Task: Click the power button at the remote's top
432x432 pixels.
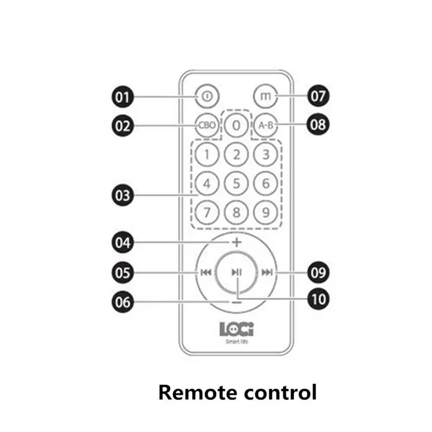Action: [x=206, y=97]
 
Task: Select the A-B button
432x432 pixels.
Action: [x=265, y=125]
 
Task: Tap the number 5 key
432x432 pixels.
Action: [x=236, y=184]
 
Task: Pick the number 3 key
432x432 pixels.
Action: [x=265, y=155]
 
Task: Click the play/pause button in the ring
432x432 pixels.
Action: [x=237, y=272]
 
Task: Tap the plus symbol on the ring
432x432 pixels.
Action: [x=237, y=242]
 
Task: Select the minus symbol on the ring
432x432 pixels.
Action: [x=237, y=302]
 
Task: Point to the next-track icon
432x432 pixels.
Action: [x=267, y=272]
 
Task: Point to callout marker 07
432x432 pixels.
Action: [x=318, y=97]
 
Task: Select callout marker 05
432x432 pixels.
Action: [x=123, y=272]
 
